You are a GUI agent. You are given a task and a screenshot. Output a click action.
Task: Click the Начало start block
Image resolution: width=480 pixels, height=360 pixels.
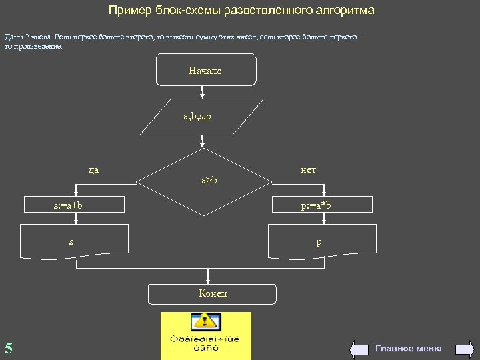206,70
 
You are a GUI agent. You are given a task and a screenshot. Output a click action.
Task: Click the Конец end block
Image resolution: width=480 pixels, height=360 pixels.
211,294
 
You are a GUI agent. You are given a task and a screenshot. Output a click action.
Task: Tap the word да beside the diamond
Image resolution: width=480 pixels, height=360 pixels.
93,169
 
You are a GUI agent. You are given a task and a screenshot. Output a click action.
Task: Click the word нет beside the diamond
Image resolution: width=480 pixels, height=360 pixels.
308,169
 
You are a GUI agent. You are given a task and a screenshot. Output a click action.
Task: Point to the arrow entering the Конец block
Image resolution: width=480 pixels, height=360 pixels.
209,277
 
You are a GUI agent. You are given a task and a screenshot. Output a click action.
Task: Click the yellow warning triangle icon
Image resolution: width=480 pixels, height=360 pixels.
206,323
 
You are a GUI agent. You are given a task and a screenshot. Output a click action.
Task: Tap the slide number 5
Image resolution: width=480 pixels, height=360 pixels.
9,347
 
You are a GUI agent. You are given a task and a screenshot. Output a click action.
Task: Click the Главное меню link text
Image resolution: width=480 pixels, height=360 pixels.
408,348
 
